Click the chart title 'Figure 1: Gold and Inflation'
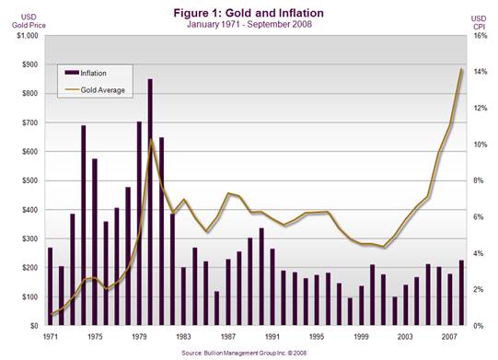coord(249,13)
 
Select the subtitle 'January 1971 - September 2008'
coord(249,25)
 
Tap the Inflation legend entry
coord(86,73)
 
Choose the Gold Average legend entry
coord(95,90)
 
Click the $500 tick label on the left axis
coord(29,180)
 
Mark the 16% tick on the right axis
coord(480,36)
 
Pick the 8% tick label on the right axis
coord(479,180)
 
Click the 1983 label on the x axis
coord(183,336)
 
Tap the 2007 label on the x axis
coord(449,336)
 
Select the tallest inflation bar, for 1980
coord(150,202)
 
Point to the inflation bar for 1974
coord(84,226)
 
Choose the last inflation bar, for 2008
coord(461,293)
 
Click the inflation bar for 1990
coord(261,277)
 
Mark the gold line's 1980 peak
coord(151,138)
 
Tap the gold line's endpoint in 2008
coord(462,69)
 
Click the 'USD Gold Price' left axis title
coord(29,21)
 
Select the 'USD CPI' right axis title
coord(479,22)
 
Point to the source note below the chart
coord(244,353)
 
